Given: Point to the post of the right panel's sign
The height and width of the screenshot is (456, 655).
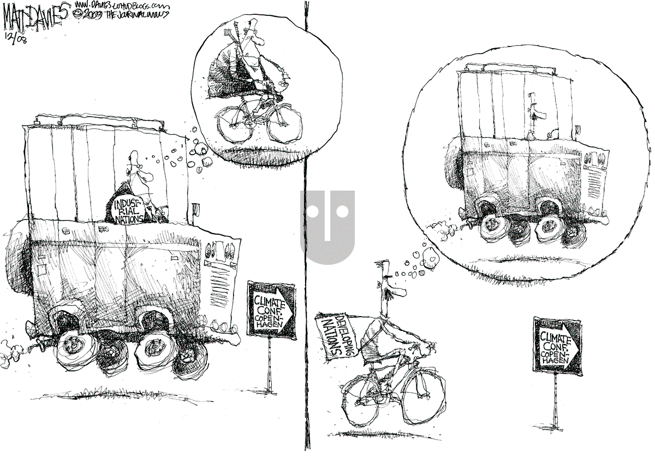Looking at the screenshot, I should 556,399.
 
